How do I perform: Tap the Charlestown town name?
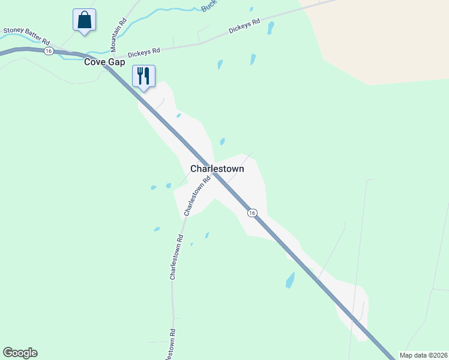[217, 169]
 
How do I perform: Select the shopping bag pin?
[84, 20]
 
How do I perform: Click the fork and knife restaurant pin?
[143, 76]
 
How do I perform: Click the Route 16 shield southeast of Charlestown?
[252, 213]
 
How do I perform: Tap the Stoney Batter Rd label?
[27, 35]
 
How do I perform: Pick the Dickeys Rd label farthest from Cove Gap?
[244, 27]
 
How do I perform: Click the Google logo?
[20, 353]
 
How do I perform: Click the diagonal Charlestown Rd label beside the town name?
[198, 196]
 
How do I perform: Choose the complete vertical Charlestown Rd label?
[176, 257]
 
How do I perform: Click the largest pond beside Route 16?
[291, 280]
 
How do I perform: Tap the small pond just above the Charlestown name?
[222, 142]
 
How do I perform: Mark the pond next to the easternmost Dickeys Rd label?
[271, 28]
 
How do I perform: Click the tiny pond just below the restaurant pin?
[178, 115]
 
